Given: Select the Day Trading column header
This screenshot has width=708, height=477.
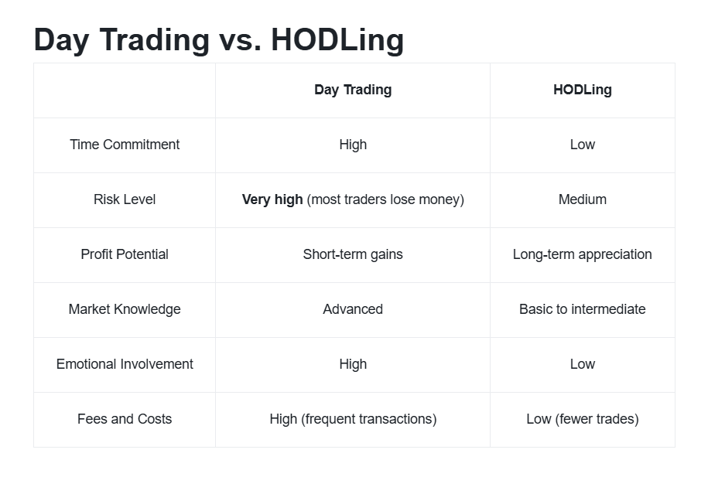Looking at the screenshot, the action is (x=353, y=90).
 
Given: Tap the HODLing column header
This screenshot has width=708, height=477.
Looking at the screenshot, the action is (x=583, y=90).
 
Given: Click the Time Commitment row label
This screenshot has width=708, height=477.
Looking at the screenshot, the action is (x=125, y=145).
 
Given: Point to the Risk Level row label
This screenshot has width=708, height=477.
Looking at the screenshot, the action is (x=125, y=199).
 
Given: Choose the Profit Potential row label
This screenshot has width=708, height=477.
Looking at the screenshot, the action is (x=125, y=254).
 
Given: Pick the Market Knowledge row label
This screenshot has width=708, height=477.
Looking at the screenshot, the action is (x=125, y=309).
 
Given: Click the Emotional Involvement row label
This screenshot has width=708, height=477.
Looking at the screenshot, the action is (x=125, y=364).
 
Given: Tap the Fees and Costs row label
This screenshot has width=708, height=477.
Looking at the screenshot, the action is (x=125, y=419).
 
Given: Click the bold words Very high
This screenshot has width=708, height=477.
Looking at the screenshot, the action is (x=272, y=199).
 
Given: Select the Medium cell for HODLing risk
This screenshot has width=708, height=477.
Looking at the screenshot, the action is (x=583, y=199).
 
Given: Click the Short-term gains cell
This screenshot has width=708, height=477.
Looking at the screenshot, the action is (x=353, y=254).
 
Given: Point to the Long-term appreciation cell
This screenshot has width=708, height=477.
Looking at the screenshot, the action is (x=583, y=254).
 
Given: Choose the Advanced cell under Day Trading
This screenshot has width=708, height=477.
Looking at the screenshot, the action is (x=353, y=309).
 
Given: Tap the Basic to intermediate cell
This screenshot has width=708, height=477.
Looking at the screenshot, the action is (x=583, y=309).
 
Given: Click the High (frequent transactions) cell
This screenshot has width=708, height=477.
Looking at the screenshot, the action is (x=353, y=419).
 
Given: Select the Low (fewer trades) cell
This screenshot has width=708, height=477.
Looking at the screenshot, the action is (x=583, y=419).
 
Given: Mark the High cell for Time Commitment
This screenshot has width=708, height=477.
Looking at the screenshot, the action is (x=353, y=145).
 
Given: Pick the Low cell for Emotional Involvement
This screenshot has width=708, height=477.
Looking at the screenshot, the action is (x=583, y=364).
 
